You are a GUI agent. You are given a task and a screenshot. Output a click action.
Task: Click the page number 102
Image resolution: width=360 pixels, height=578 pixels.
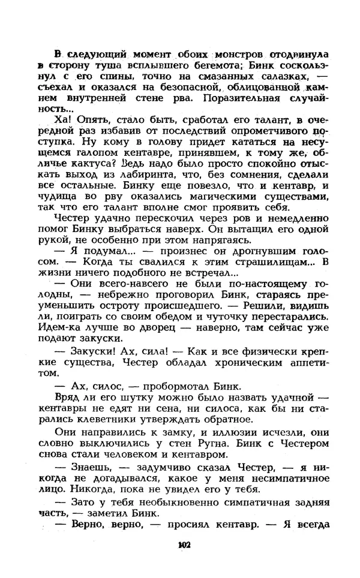coord(184,545)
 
